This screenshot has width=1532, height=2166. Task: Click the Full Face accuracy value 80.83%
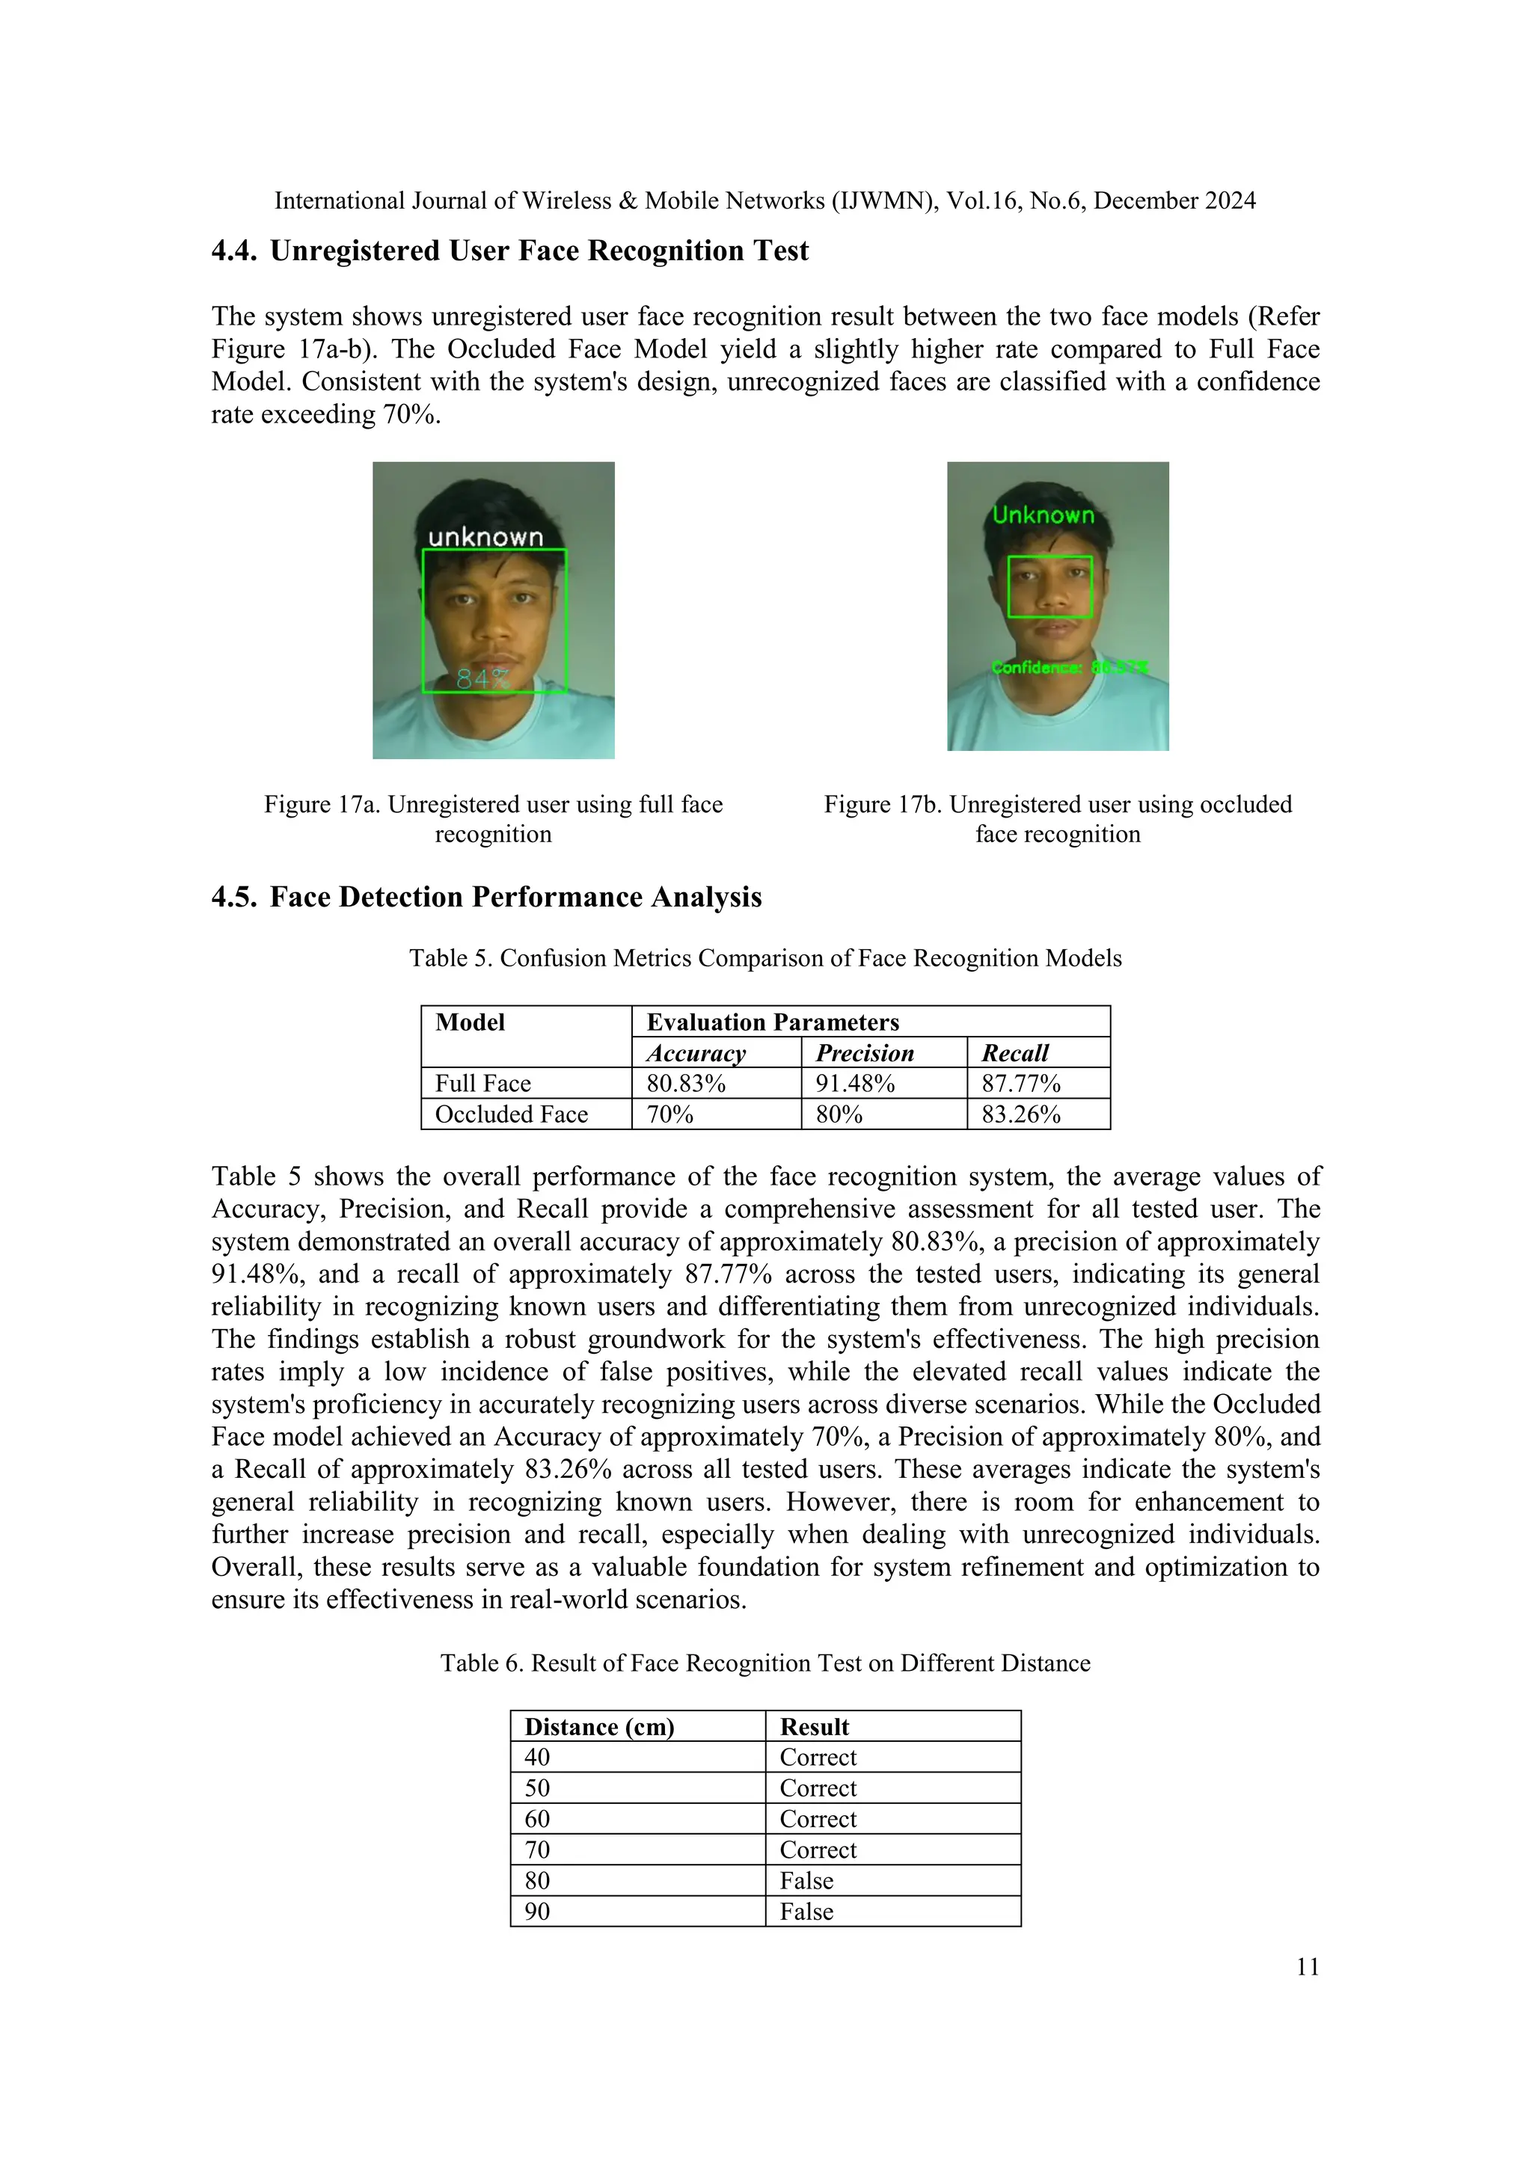[686, 1083]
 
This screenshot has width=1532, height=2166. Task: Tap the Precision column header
[864, 1053]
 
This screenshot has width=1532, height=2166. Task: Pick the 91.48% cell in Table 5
[855, 1083]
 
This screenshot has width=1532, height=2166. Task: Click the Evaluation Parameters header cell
[773, 1022]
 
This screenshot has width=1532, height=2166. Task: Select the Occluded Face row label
[512, 1114]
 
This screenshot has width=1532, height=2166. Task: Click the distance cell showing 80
[538, 1880]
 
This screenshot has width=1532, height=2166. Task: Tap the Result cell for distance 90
[806, 1911]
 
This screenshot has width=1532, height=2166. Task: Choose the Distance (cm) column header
[599, 1726]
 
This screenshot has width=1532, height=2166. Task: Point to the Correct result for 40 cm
[818, 1757]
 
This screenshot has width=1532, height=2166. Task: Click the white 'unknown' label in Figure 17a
[485, 537]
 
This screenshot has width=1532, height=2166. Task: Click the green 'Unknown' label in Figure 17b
[1044, 515]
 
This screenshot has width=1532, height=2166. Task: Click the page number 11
[1308, 1966]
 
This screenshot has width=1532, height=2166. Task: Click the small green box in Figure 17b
[1050, 587]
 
